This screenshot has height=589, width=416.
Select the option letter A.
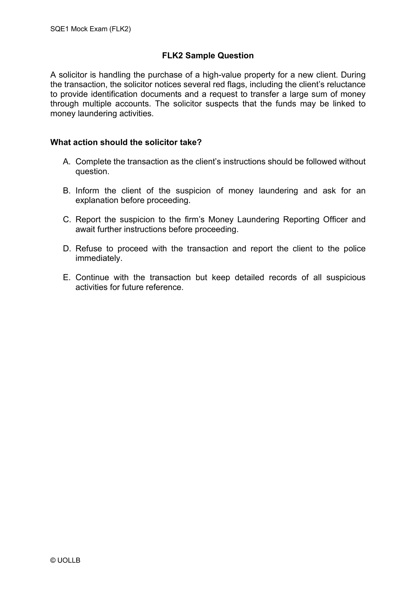(67, 162)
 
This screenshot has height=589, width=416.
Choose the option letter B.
(67, 191)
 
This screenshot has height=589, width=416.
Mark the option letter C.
(67, 219)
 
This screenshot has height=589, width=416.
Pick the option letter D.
(67, 249)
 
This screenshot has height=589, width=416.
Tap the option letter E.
(67, 277)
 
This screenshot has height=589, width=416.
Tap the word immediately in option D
(98, 258)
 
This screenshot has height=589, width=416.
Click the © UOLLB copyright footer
(65, 560)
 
